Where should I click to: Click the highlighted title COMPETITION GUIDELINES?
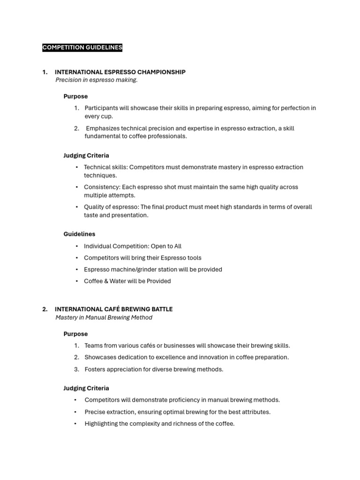pyautogui.click(x=82, y=47)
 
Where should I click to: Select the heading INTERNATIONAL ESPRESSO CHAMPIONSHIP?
pyautogui.click(x=120, y=72)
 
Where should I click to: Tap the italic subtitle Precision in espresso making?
pyautogui.click(x=97, y=80)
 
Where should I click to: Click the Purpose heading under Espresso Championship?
pyautogui.click(x=75, y=97)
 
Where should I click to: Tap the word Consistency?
pyautogui.click(x=102, y=187)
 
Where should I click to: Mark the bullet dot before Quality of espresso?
pyautogui.click(x=77, y=207)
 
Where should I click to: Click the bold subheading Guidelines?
pyautogui.click(x=79, y=234)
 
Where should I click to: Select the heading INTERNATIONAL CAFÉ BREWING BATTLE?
pyautogui.click(x=113, y=309)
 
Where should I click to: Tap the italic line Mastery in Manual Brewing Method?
pyautogui.click(x=104, y=318)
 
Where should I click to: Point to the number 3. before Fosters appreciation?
pyautogui.click(x=76, y=369)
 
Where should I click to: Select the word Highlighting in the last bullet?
pyautogui.click(x=101, y=424)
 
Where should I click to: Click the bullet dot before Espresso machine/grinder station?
pyautogui.click(x=77, y=270)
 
